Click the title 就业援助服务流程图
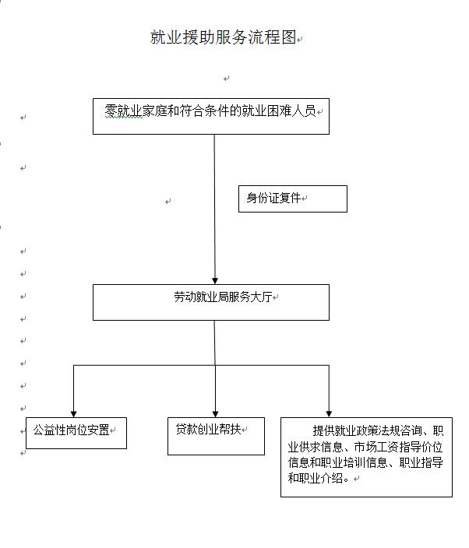(224, 37)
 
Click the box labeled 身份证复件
(293, 198)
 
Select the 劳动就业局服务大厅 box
(211, 302)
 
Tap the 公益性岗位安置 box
(76, 433)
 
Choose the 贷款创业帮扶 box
(216, 436)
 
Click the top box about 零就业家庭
(211, 117)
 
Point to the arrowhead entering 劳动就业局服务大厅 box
(215, 281)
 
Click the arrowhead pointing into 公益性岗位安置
(73, 414)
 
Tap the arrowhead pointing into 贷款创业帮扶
(216, 414)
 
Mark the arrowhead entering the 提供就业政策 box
(329, 414)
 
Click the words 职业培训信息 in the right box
(354, 462)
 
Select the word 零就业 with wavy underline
(123, 111)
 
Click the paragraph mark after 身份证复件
(304, 198)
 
